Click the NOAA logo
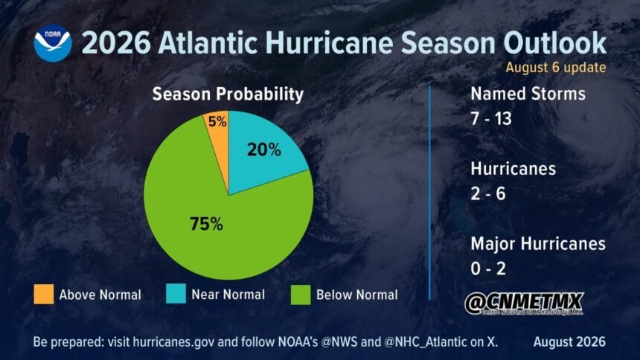click(x=53, y=43)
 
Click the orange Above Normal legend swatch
click(x=44, y=295)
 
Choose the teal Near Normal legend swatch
click(x=176, y=294)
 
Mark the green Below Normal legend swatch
click(x=301, y=295)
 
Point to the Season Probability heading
click(x=228, y=94)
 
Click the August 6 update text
click(x=555, y=68)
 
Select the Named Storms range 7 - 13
click(x=491, y=119)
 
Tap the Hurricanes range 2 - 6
click(x=488, y=193)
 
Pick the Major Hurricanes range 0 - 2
click(x=488, y=269)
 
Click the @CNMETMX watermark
click(x=524, y=303)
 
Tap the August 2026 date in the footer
click(x=569, y=341)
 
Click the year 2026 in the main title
click(x=117, y=43)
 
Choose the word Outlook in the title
click(x=554, y=42)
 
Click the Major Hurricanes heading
click(x=538, y=244)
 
